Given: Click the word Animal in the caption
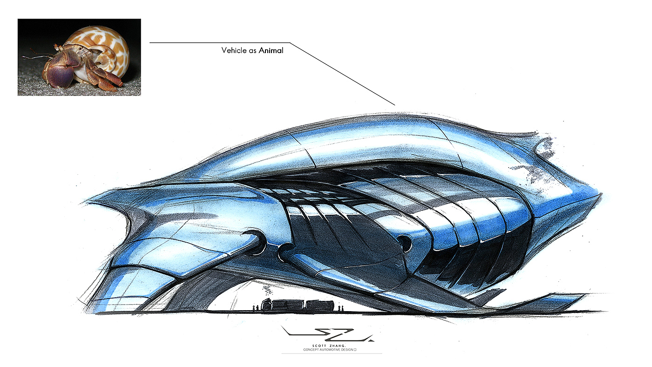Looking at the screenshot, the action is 271,50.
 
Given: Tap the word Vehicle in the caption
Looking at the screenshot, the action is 234,50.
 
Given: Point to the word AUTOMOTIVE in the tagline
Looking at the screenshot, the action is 329,349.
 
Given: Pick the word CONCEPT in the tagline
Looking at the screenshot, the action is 310,349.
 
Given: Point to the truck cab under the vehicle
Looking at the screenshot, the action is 267,305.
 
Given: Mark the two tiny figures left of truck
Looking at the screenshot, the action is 255,307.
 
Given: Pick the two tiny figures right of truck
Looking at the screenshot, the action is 341,307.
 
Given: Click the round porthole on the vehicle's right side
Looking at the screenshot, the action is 404,242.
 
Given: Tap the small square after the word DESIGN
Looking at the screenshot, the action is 355,349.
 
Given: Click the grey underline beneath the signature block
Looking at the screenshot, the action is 332,353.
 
